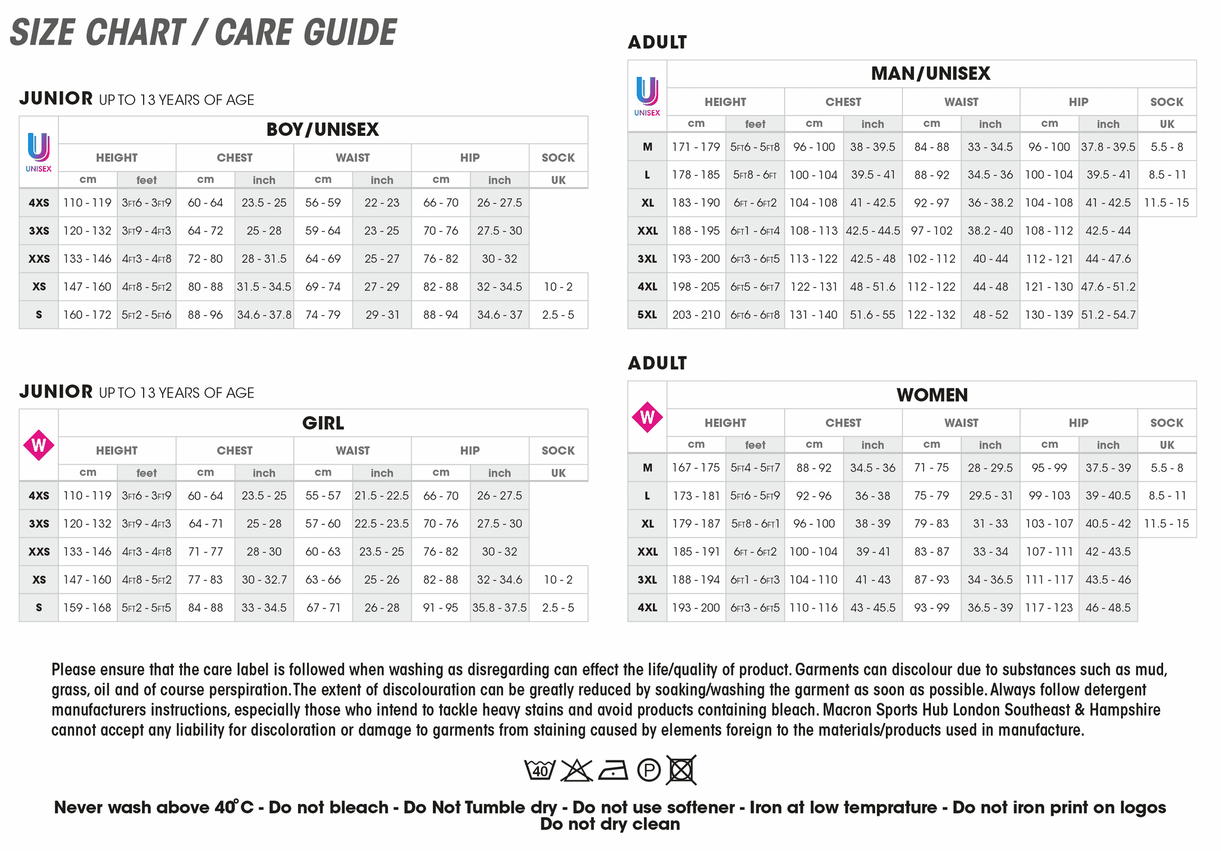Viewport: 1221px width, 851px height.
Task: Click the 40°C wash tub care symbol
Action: coord(540,770)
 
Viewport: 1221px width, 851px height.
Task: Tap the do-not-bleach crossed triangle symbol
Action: coord(576,770)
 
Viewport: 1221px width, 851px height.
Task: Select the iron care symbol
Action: coord(613,770)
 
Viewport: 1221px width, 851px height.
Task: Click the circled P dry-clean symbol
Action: coord(649,770)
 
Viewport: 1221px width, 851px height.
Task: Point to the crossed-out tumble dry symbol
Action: coord(681,770)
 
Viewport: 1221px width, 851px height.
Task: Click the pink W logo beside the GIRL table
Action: coord(39,445)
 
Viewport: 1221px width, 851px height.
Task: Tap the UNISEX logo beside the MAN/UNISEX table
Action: coord(647,95)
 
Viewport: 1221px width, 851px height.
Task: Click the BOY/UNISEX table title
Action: coord(323,129)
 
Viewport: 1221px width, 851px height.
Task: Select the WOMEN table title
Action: coord(932,395)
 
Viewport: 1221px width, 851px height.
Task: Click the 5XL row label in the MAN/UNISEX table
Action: coord(647,315)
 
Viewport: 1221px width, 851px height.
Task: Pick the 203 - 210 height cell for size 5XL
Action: coord(696,315)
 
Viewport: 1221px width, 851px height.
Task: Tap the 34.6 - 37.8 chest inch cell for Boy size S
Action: coord(264,315)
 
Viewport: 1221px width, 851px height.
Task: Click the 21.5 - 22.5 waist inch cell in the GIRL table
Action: coord(382,495)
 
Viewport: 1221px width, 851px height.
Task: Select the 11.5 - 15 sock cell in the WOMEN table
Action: coord(1166,523)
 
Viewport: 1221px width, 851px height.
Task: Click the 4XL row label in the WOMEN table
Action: coord(647,607)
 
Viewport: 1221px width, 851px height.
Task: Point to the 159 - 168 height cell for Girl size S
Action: coord(87,607)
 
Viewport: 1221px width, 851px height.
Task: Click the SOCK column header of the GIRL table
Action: coord(558,451)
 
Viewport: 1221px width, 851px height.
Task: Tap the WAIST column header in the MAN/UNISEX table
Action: coord(961,102)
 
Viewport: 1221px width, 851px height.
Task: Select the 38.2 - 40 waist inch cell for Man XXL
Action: coord(990,231)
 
